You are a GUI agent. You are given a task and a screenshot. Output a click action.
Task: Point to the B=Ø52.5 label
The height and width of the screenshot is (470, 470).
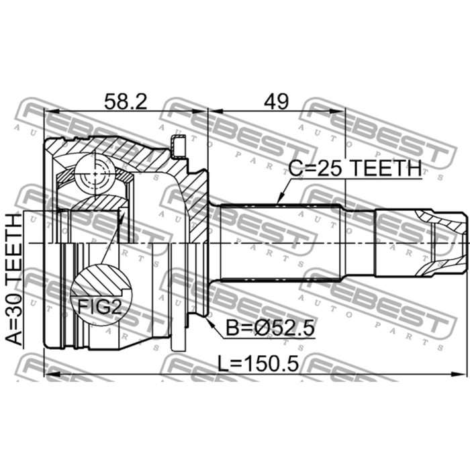[x=269, y=328]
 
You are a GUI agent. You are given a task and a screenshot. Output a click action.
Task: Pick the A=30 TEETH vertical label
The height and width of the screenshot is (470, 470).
[x=14, y=279]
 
